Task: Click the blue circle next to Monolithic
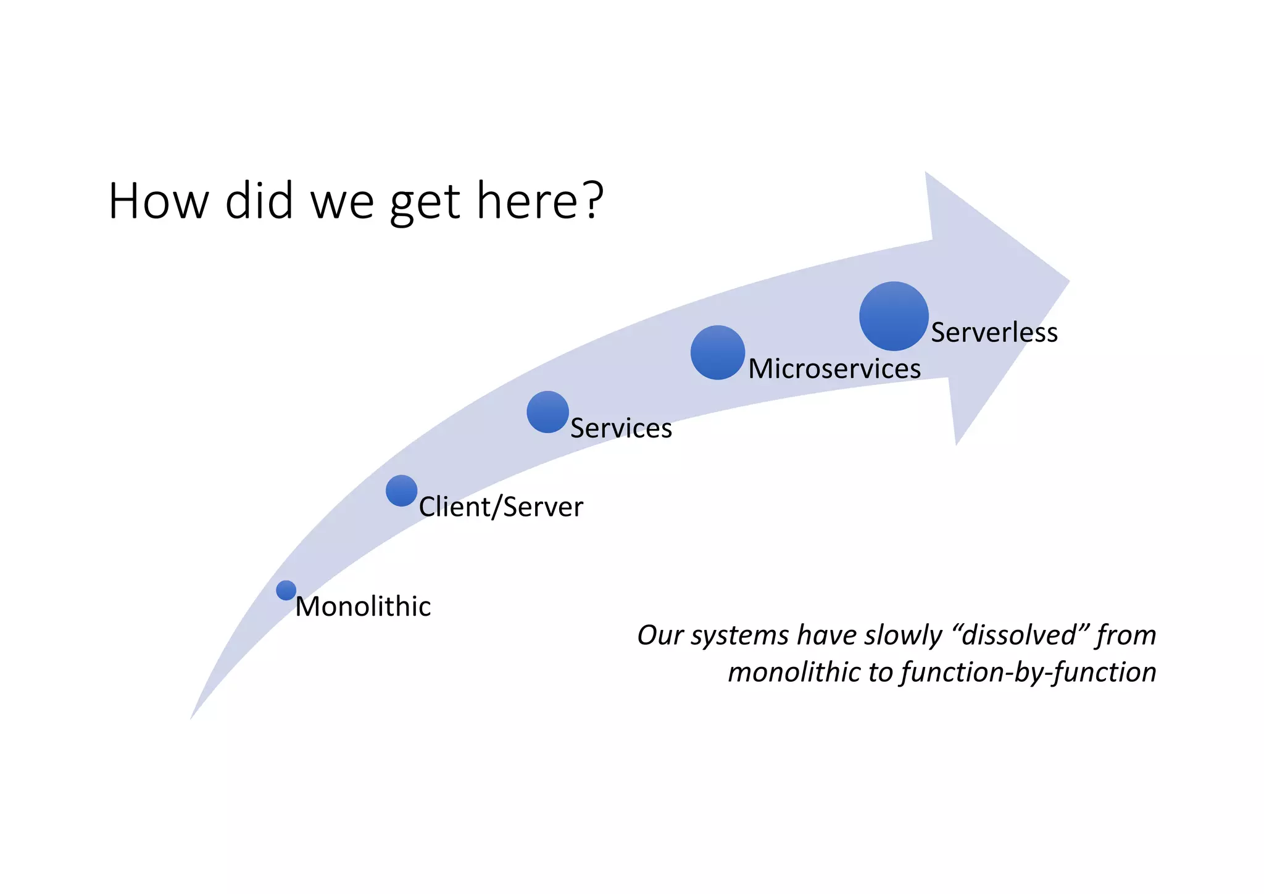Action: click(x=286, y=590)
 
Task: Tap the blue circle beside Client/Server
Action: click(x=401, y=490)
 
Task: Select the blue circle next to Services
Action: click(x=547, y=412)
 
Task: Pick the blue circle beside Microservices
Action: click(x=717, y=352)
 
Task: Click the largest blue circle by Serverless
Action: click(x=894, y=316)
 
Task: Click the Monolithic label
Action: click(x=363, y=606)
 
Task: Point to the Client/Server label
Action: click(x=501, y=507)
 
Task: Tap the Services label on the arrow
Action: click(x=621, y=428)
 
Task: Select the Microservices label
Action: click(x=834, y=369)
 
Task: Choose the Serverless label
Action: click(x=994, y=333)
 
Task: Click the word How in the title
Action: click(x=159, y=201)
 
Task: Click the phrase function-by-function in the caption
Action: click(x=1028, y=672)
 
